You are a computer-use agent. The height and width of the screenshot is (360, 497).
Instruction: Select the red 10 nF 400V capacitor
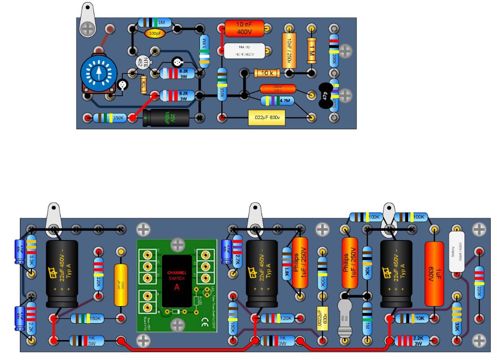(x=244, y=28)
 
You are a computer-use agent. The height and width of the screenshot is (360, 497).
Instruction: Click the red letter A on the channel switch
(x=176, y=286)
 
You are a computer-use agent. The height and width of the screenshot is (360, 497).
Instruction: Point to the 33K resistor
(x=457, y=319)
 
